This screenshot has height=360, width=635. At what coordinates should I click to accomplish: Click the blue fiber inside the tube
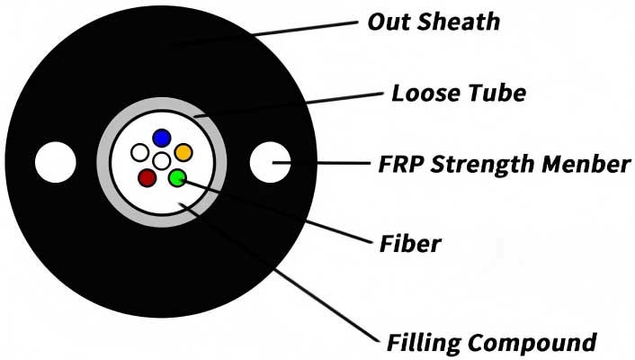click(162, 137)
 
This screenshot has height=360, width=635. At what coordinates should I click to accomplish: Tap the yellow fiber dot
click(183, 152)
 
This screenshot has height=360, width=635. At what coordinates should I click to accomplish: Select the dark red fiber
click(147, 177)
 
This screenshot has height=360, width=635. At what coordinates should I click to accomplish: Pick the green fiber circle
click(177, 177)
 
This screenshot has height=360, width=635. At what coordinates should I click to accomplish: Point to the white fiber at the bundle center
click(162, 161)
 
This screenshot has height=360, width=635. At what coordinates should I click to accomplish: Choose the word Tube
click(494, 93)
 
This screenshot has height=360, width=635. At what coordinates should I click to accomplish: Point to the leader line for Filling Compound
click(288, 279)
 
